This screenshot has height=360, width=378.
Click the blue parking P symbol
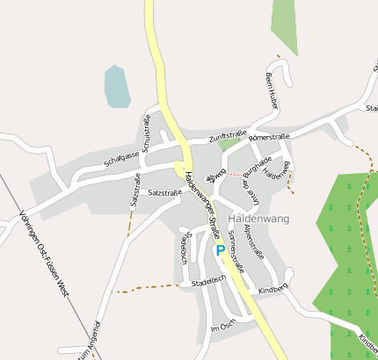click(220, 250)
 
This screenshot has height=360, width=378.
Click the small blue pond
click(117, 85)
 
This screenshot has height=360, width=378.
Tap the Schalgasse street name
click(121, 158)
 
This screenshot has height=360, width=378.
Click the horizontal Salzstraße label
click(165, 191)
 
